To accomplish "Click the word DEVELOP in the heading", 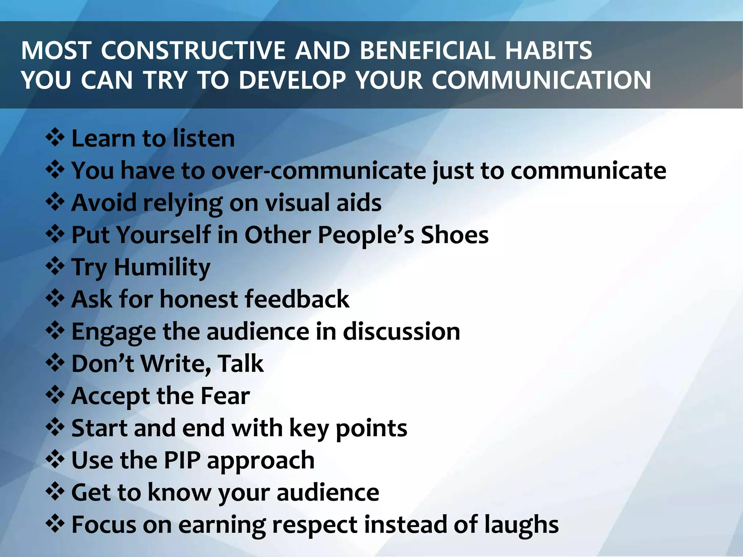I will tap(292, 80).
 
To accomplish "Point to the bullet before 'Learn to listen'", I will tap(55, 138).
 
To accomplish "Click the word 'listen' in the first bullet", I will tap(204, 139).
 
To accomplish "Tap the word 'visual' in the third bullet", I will tap(297, 203).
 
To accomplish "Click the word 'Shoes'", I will tap(454, 235).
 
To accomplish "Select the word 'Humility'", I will tap(162, 268).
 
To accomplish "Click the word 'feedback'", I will tap(297, 299).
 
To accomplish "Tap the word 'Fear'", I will tap(225, 396).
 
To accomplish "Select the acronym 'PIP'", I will tap(182, 460).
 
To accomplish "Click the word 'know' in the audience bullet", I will tap(179, 492).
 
